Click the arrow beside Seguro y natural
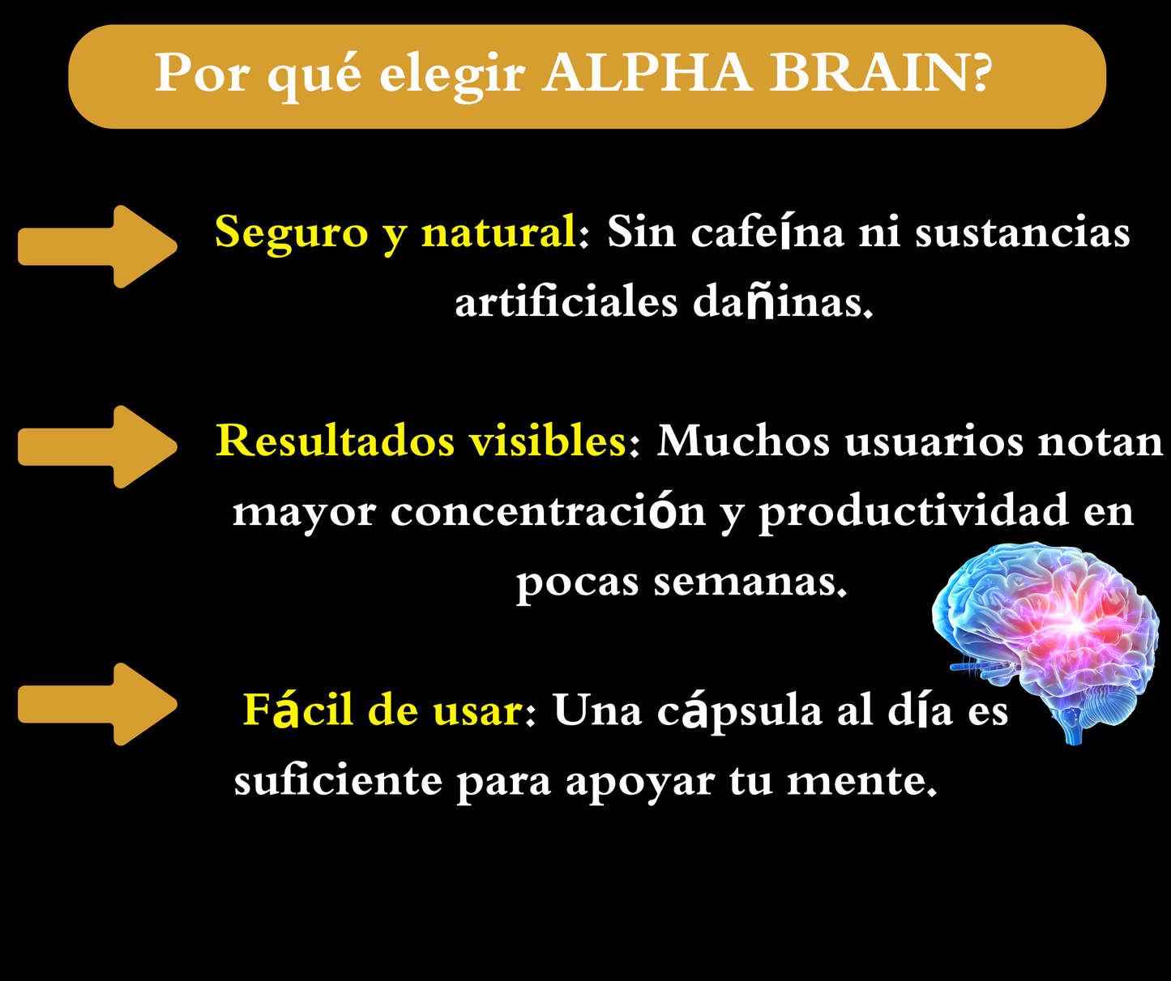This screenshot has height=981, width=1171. point(97,246)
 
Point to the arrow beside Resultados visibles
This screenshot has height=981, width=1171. point(97,446)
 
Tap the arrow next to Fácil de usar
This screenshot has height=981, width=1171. point(97,703)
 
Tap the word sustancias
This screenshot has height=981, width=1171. point(1022,232)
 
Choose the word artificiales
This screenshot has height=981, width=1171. point(566,303)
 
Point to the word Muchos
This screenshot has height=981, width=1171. point(743,441)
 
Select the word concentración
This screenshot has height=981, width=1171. point(549,512)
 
